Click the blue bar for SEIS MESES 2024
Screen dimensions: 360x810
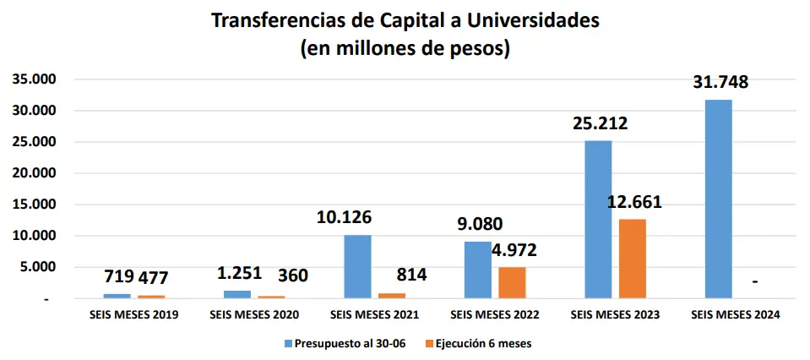(718, 199)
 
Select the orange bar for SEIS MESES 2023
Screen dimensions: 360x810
(632, 259)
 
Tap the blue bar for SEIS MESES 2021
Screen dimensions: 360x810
(357, 266)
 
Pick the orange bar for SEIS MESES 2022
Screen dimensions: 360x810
(512, 282)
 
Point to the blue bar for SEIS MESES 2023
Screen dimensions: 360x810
(598, 219)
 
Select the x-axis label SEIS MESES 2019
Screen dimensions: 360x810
(134, 314)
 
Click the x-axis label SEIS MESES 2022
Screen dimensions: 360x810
(494, 314)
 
